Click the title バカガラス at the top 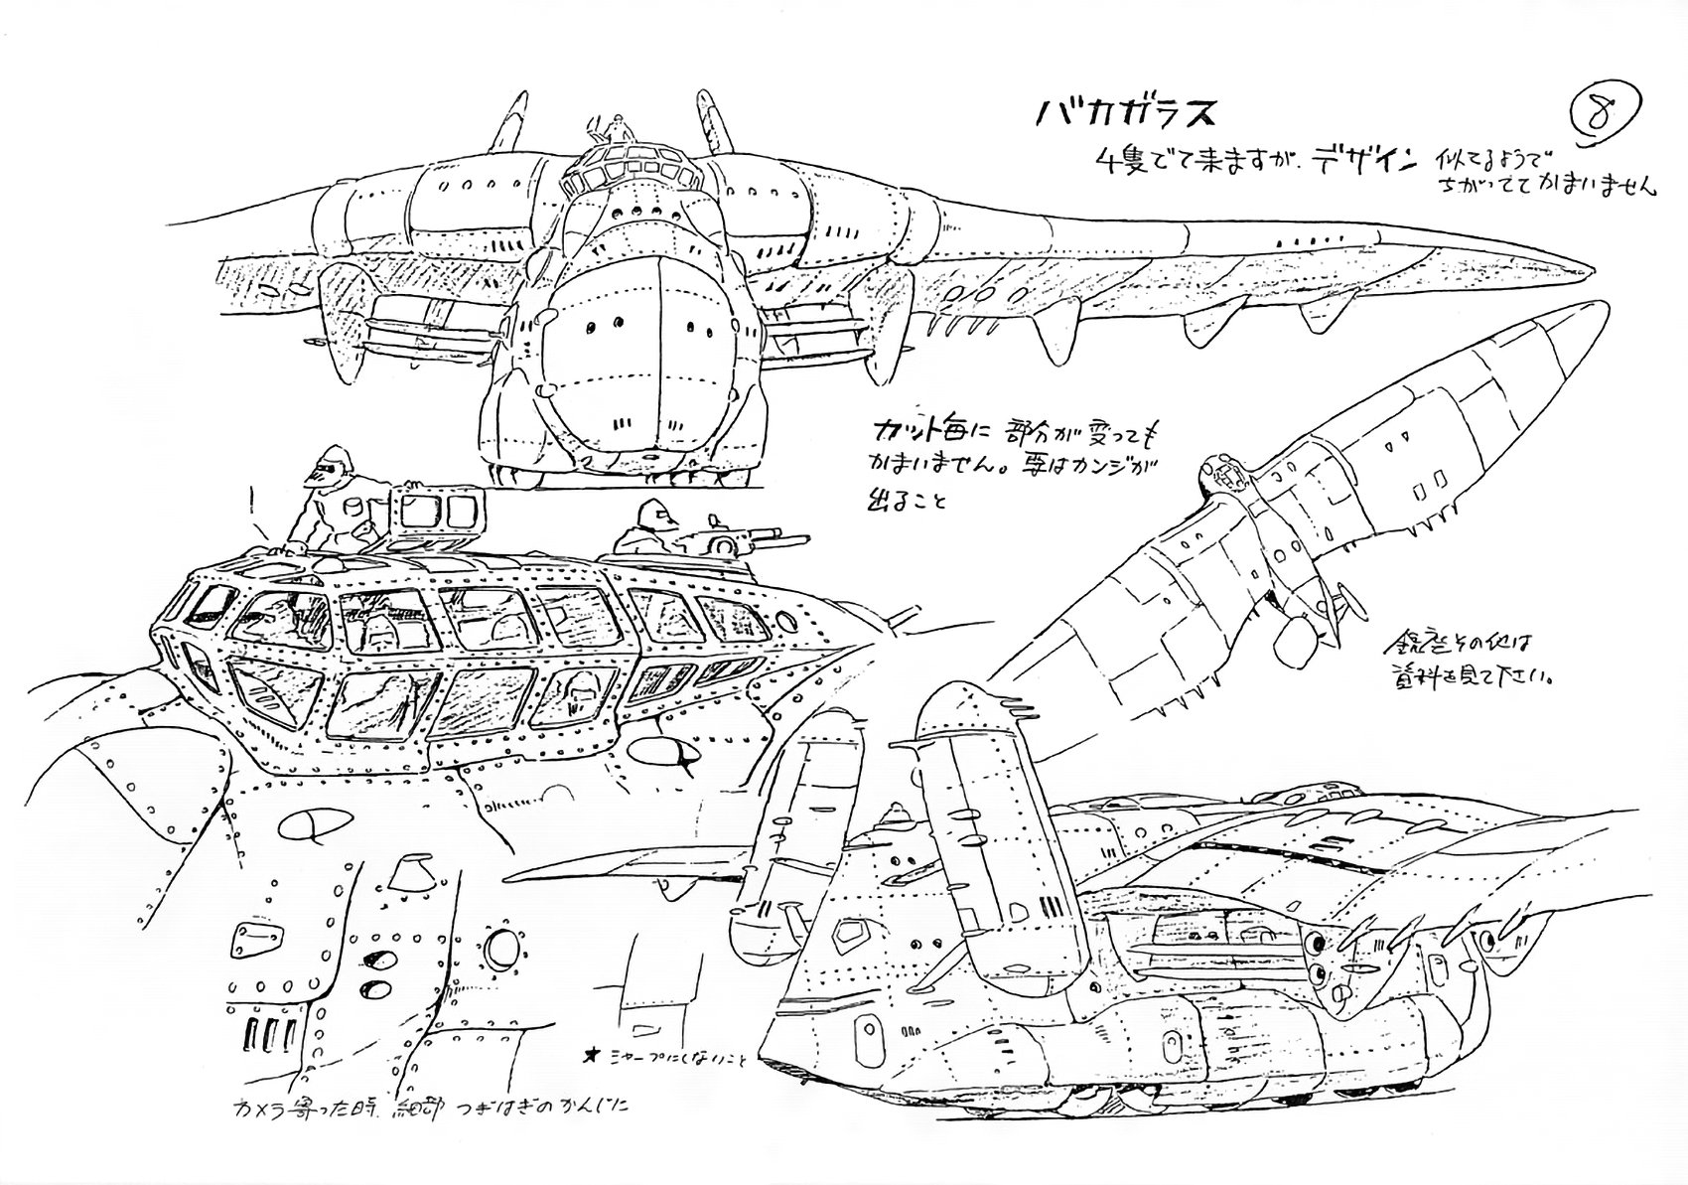click(x=1127, y=114)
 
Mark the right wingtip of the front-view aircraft click(x=1579, y=270)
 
